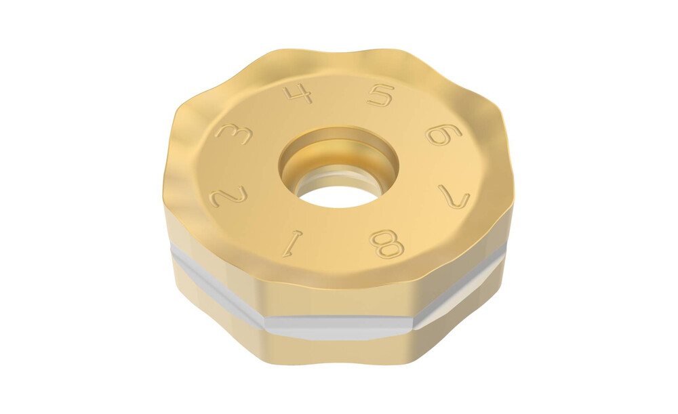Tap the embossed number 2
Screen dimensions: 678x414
(x=228, y=196)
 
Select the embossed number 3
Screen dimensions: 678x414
(x=234, y=134)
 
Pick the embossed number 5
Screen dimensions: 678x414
(x=381, y=95)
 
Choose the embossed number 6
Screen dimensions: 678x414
(x=443, y=134)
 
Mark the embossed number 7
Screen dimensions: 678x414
(x=454, y=196)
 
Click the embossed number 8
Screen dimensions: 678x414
(x=386, y=244)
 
